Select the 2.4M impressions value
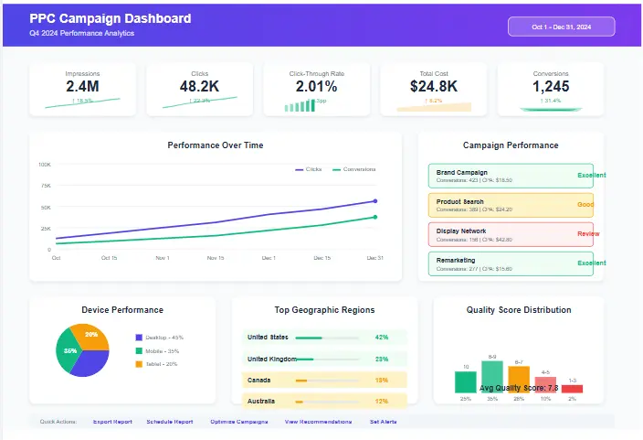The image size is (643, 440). point(83,87)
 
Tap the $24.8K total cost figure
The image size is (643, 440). point(434,87)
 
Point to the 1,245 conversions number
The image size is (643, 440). point(551,87)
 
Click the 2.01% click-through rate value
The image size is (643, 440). point(317,87)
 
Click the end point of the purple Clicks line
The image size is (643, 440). point(375,201)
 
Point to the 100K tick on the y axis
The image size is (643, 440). point(45,165)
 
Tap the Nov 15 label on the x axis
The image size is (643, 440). point(216,258)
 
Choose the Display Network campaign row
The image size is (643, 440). point(511,234)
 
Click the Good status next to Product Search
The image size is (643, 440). point(585,205)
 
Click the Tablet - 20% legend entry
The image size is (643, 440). point(159,364)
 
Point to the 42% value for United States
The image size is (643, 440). point(382,337)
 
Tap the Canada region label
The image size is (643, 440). point(259,379)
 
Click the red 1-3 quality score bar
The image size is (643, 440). point(572,389)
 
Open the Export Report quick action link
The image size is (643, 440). point(112,422)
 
